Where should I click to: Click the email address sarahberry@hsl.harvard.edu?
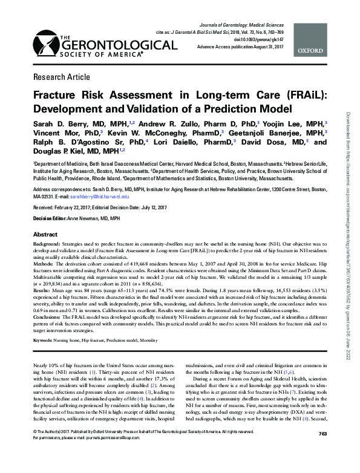(x=102, y=197)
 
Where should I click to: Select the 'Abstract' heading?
(x=45, y=234)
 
